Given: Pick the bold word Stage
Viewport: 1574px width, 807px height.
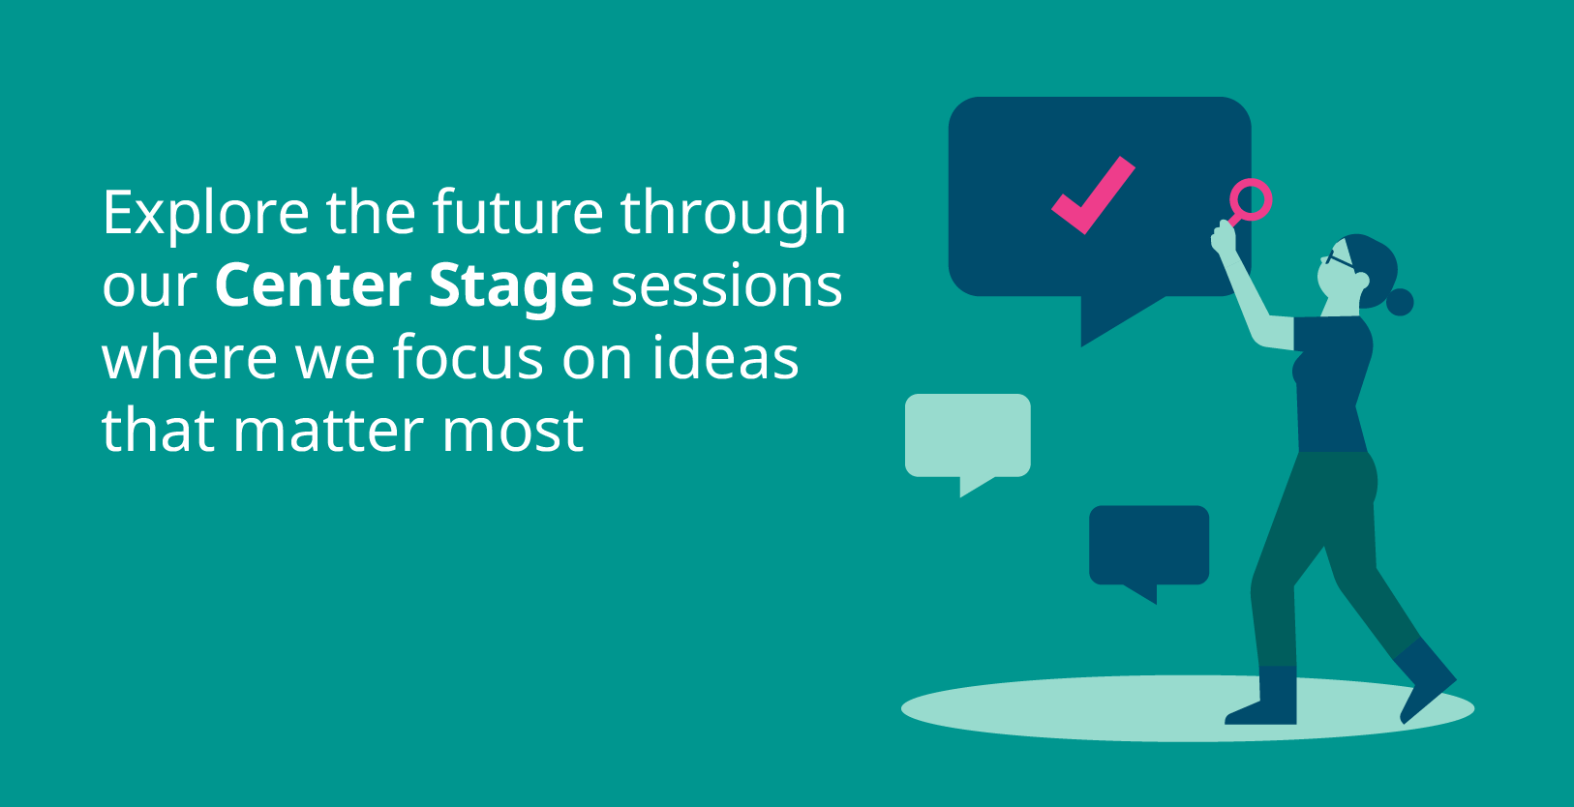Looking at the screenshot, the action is [x=511, y=286].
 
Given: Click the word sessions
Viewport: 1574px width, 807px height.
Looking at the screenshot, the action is [x=727, y=286].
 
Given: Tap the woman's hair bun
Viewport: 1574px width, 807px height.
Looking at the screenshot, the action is [x=1400, y=302].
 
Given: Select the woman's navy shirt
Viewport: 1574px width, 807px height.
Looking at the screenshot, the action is [x=1332, y=383].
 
